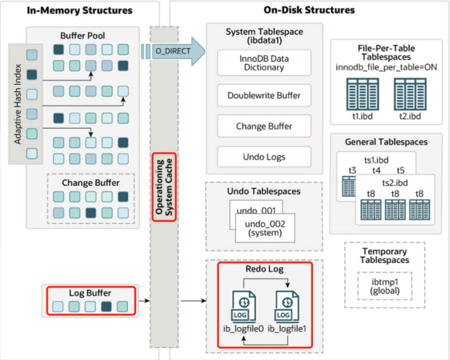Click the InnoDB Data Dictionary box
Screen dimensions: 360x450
264,62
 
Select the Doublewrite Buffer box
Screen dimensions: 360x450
264,95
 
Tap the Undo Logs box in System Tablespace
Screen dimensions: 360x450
264,157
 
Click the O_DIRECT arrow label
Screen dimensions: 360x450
173,51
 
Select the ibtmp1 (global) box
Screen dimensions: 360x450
385,286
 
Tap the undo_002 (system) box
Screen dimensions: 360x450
265,228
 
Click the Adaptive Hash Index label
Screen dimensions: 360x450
17,104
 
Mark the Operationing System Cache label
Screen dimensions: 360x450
164,186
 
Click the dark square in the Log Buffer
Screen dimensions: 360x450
106,307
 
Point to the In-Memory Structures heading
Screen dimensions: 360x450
80,10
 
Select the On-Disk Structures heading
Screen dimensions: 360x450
309,10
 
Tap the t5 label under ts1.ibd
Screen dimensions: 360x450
400,170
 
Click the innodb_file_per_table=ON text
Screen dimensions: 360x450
386,67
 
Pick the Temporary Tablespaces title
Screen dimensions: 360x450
384,255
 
